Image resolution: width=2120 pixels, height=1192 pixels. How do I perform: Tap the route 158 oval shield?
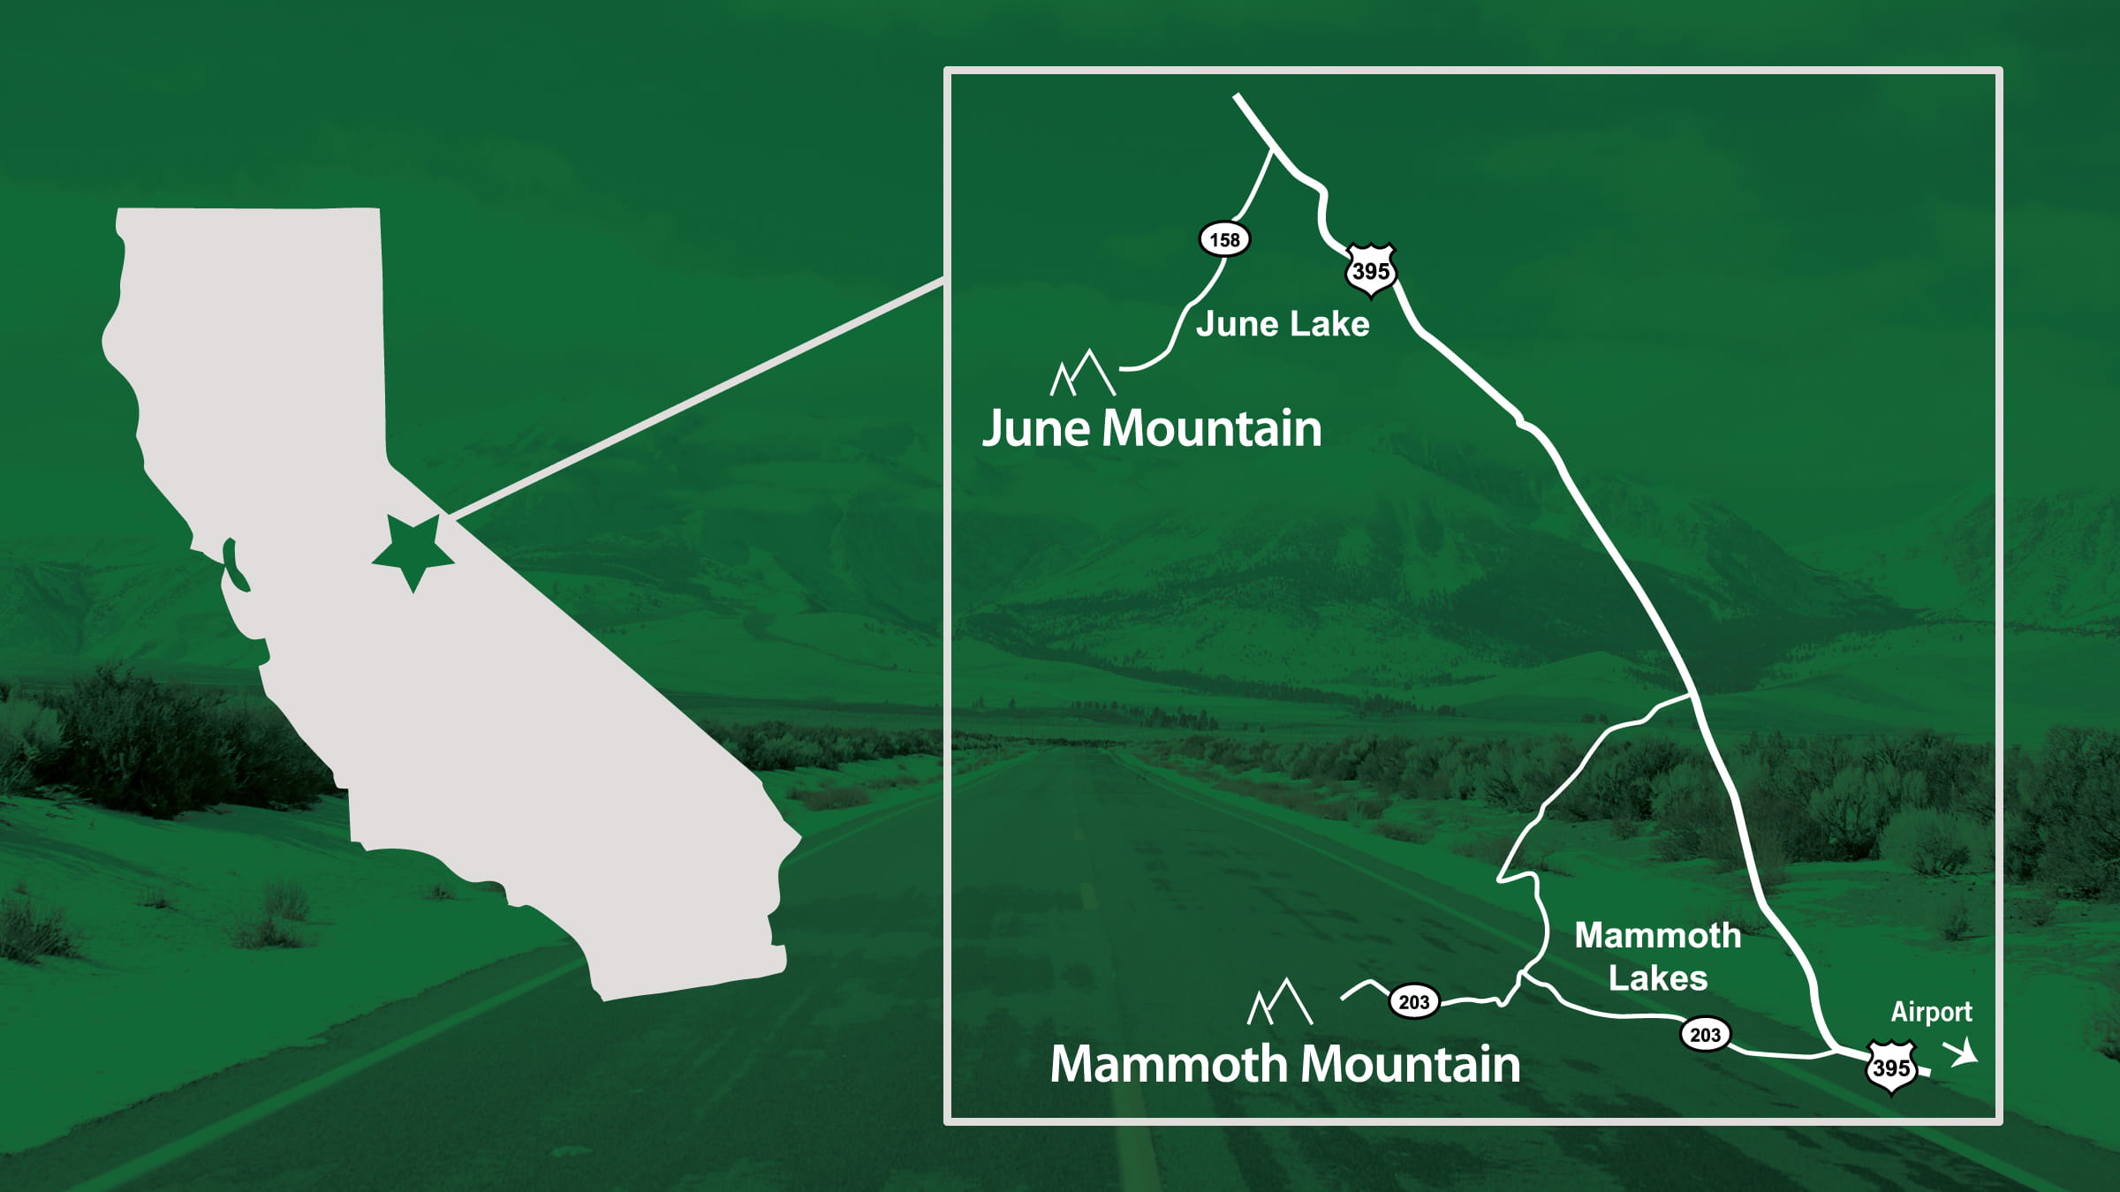tap(1224, 239)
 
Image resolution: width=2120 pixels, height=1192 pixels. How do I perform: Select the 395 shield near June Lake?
tap(1371, 270)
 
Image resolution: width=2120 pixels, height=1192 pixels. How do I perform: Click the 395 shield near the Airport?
tap(1891, 1068)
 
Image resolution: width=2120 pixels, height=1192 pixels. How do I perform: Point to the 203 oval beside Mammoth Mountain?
tap(1413, 1002)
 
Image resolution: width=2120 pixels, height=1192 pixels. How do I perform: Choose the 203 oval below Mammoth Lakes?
tap(1705, 1034)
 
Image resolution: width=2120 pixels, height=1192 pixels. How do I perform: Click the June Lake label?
tap(1283, 324)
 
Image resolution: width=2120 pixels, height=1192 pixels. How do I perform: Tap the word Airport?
tap(1931, 1012)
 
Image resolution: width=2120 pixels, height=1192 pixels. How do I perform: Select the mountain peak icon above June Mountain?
tap(1083, 373)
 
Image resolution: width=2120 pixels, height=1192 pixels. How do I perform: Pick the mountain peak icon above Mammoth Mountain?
tap(1280, 1002)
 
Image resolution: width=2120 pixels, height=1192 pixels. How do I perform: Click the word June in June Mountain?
tap(1036, 430)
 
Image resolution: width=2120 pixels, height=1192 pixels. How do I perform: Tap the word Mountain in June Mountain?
tap(1212, 429)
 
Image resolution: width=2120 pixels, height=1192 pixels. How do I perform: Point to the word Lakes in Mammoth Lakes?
tap(1658, 978)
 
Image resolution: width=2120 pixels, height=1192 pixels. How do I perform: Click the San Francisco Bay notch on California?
tap(234, 565)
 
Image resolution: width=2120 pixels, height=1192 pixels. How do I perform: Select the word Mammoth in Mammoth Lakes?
tap(1657, 936)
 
